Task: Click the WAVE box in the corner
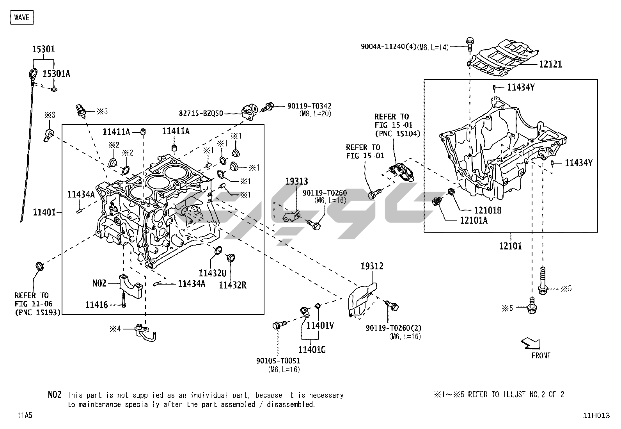[x=21, y=17]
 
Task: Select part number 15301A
[x=56, y=74]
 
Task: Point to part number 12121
[x=550, y=64]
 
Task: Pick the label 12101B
[x=488, y=210]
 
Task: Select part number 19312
[x=372, y=266]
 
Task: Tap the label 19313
[x=296, y=182]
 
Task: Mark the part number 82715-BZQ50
[x=201, y=114]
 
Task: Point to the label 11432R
[x=232, y=285]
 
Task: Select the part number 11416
[x=96, y=304]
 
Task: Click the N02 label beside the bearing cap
[x=99, y=283]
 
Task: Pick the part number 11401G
[x=312, y=350]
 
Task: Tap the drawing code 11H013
[x=596, y=416]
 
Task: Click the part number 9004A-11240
[x=388, y=47]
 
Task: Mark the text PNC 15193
[x=38, y=312]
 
